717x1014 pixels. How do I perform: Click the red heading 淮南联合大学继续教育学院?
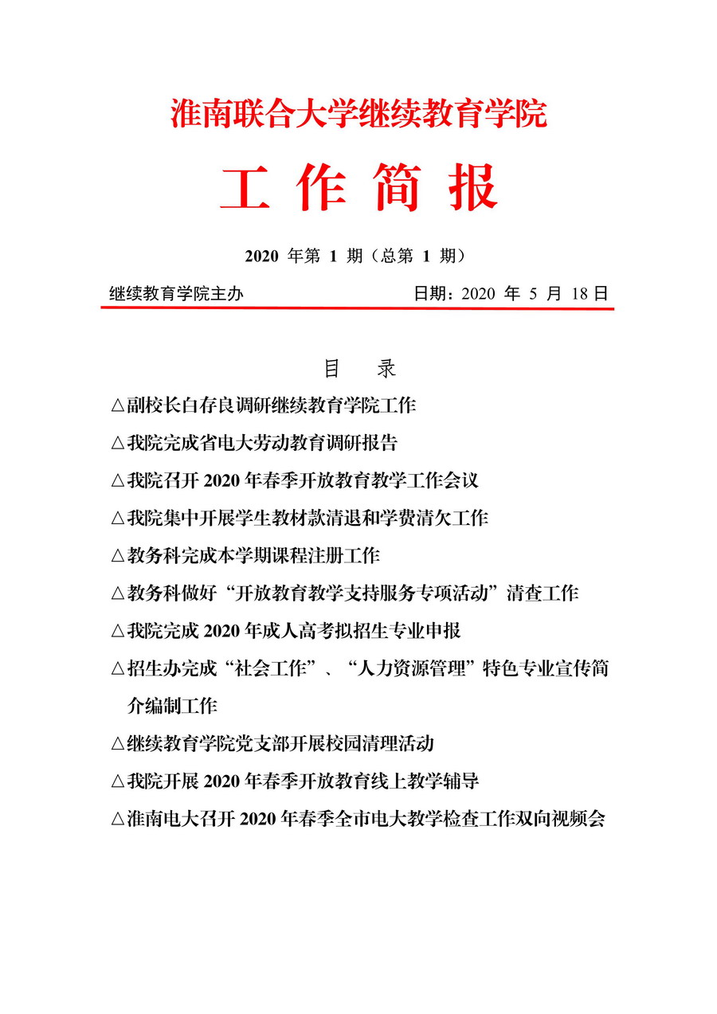[x=358, y=114]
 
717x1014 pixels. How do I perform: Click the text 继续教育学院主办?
[x=176, y=294]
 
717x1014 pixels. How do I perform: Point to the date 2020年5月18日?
[x=511, y=294]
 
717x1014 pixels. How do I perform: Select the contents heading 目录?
[x=358, y=369]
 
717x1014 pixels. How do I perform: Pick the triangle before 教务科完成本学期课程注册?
[x=117, y=556]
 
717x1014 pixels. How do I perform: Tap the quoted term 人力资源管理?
[x=409, y=669]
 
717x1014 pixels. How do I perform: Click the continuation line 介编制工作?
[x=172, y=706]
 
